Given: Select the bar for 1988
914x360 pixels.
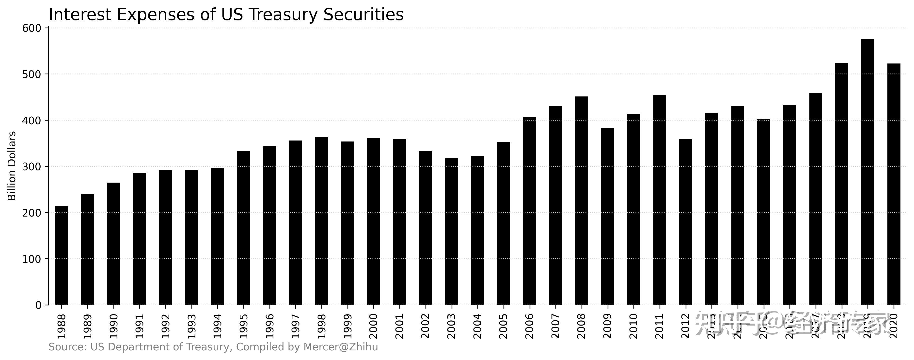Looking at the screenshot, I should tap(62, 255).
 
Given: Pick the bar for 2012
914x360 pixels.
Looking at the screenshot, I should tap(686, 222).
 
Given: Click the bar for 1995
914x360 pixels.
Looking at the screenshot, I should tap(243, 228).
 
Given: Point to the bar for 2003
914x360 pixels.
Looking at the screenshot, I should tap(452, 231).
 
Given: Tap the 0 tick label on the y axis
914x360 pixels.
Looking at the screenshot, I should tap(38, 305).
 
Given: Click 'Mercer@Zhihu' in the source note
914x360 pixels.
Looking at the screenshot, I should tap(341, 347).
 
